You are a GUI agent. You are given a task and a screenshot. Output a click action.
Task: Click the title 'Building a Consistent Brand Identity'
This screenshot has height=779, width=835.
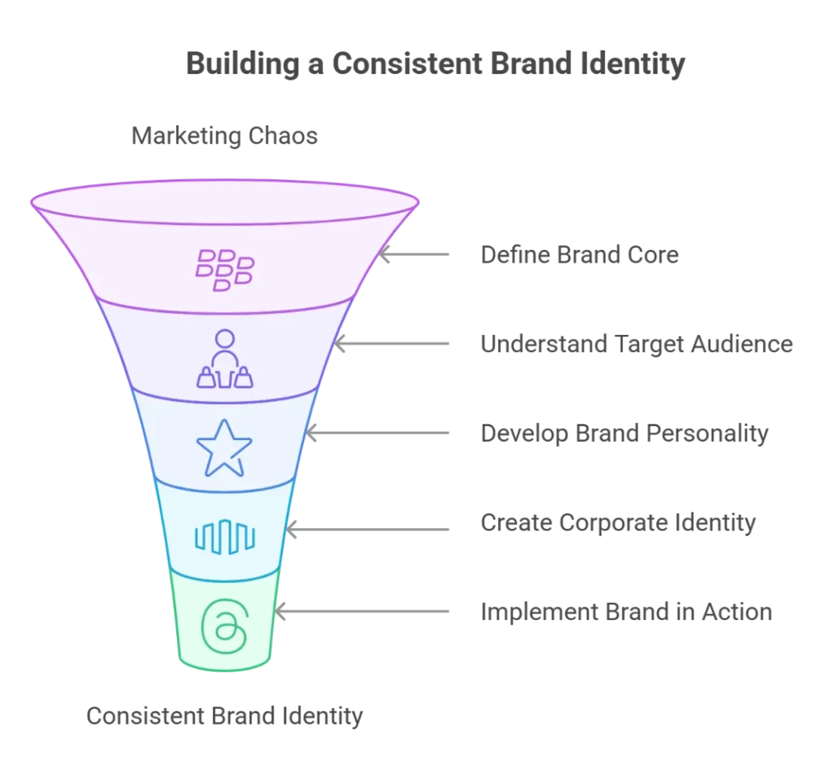pos(435,64)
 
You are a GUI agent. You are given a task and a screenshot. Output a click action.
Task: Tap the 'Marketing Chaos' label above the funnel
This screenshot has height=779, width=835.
pos(224,136)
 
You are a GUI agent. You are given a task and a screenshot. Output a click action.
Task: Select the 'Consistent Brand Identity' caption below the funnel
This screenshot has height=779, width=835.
pos(224,716)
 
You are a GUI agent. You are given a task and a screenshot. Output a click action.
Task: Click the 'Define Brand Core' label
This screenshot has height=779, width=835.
pos(580,255)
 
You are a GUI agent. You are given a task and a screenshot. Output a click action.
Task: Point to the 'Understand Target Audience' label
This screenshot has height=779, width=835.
pos(636,344)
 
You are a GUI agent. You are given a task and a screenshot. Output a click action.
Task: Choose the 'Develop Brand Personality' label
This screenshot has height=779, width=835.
pos(624,434)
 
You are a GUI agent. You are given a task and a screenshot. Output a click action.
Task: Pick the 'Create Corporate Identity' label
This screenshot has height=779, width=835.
pos(618,523)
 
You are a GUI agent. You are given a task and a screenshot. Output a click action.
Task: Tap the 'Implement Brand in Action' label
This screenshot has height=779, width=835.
pos(626,612)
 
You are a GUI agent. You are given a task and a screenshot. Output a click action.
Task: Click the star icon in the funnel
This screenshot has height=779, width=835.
pos(224,448)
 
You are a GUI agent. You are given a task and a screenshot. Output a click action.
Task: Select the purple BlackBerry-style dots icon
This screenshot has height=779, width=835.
pos(225,271)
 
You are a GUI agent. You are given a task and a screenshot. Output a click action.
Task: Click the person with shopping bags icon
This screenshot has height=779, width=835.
pos(225,359)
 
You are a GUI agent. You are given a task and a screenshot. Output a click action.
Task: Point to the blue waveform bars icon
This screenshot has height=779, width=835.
pos(225,537)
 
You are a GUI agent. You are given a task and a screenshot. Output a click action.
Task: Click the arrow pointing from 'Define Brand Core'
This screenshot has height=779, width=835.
pos(413,254)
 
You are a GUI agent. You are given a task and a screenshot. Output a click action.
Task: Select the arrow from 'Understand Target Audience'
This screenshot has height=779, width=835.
pos(391,344)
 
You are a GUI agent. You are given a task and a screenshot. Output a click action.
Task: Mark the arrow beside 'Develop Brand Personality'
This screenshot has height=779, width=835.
pos(378,434)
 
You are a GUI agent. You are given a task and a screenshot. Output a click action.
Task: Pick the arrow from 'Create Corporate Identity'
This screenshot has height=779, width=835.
pos(368,530)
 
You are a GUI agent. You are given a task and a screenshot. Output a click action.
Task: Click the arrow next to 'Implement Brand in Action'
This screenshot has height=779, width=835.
pos(362,611)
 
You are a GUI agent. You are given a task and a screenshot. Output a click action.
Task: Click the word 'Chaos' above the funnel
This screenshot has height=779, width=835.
pos(283,136)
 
